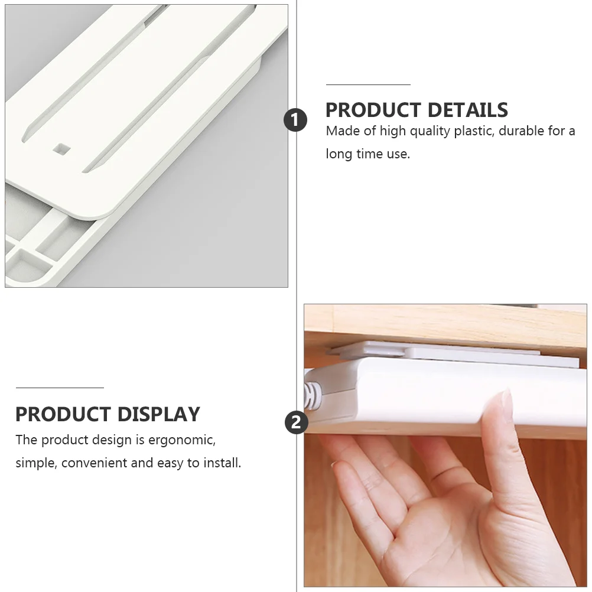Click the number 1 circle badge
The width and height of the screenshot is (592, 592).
pos(295,120)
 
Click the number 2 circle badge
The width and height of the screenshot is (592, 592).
pos(297,422)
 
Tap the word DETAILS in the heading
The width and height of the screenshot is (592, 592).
pos(468,110)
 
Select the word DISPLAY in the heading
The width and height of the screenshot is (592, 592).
pos(158,414)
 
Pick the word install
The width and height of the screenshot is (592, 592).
pos(222,463)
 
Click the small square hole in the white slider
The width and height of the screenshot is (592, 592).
pos(61,148)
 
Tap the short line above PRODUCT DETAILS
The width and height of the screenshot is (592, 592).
pos(368,84)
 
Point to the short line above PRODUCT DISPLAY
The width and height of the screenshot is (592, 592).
pos(60,388)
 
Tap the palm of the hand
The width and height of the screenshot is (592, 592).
pos(453,529)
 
